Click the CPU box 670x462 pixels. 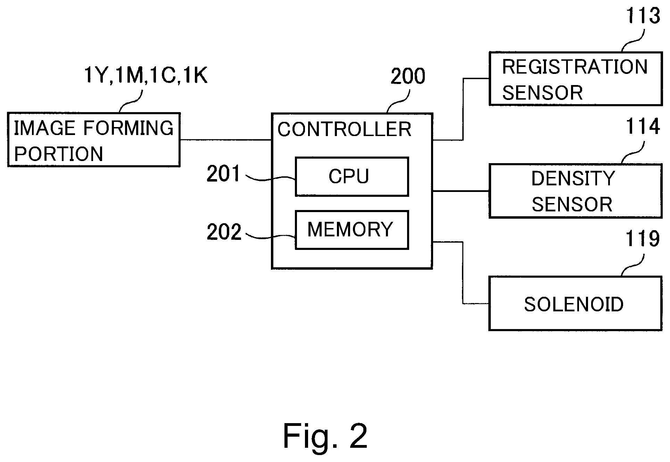tap(352, 177)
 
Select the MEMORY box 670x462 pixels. tap(352, 230)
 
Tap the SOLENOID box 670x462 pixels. tap(575, 304)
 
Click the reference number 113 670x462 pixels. tap(643, 16)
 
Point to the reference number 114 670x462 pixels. tap(643, 127)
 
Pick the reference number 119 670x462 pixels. tap(643, 239)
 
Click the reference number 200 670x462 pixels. tap(408, 76)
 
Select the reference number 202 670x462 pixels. tap(224, 232)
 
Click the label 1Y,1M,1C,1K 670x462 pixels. tap(146, 75)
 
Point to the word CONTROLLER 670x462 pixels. tap(344, 129)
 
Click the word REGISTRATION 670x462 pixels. tap(575, 67)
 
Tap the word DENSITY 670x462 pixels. tap(573, 178)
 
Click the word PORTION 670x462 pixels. tap(58, 154)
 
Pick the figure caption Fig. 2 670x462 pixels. tap(325, 436)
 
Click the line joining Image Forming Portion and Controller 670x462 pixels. tap(225, 140)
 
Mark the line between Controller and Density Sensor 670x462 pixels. tap(461, 191)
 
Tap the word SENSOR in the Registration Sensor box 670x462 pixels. tap(543, 93)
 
